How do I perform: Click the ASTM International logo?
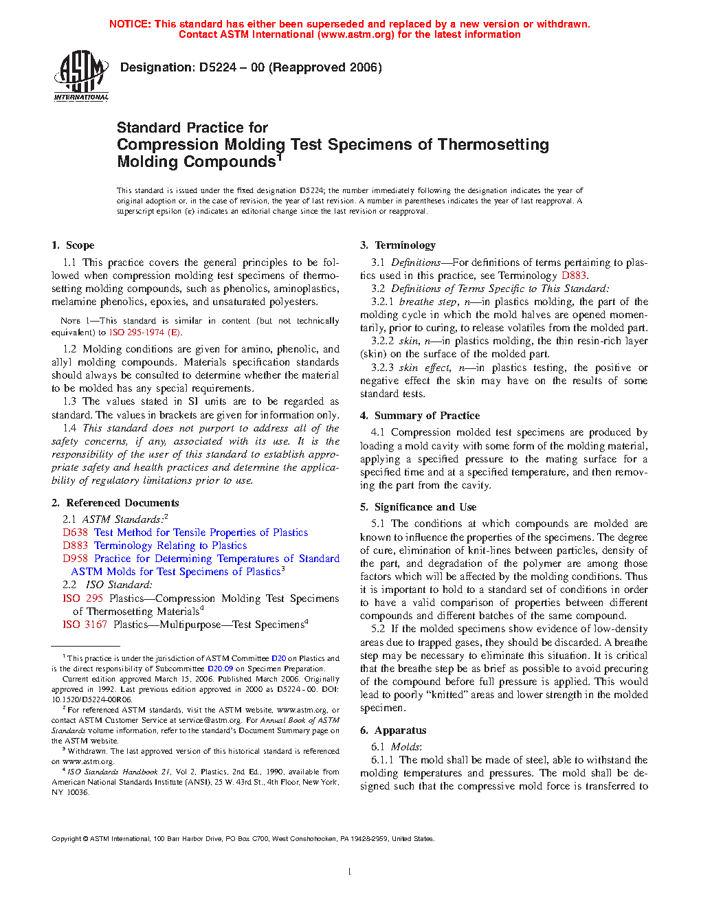point(81,76)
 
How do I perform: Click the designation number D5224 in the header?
point(218,67)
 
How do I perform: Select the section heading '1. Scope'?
point(73,245)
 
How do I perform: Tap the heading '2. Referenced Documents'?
point(115,503)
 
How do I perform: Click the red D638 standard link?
point(75,533)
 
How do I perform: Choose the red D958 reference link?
point(75,559)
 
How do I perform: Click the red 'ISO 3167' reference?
point(85,625)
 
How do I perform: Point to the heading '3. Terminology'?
point(398,245)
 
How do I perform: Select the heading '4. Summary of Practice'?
point(420,416)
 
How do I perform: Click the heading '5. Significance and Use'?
point(418,507)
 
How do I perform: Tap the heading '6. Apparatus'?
point(393,730)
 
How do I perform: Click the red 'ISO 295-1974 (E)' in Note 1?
point(145,333)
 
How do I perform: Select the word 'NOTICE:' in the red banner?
point(130,24)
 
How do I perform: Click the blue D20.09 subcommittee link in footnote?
point(220,669)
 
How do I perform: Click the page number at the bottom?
point(350,872)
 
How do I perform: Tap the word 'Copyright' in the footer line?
point(67,839)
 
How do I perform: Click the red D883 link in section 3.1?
point(574,276)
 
